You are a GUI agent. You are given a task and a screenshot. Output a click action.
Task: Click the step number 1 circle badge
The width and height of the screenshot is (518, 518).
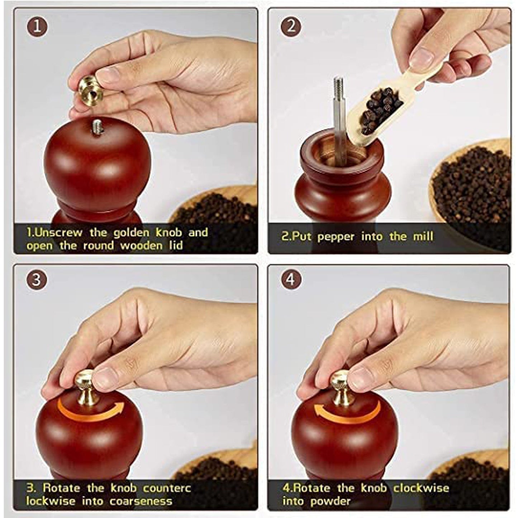click(37, 27)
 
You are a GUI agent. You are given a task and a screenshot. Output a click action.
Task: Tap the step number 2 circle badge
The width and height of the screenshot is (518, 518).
click(291, 27)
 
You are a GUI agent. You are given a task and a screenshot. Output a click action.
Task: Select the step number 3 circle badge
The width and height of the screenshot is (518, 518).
click(37, 279)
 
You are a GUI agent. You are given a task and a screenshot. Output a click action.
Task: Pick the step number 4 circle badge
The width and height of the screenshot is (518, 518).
click(291, 279)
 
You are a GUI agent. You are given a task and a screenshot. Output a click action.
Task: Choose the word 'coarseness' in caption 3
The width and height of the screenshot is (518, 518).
click(141, 501)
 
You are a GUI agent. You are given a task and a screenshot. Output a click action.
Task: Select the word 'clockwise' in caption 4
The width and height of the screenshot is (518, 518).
click(421, 488)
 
